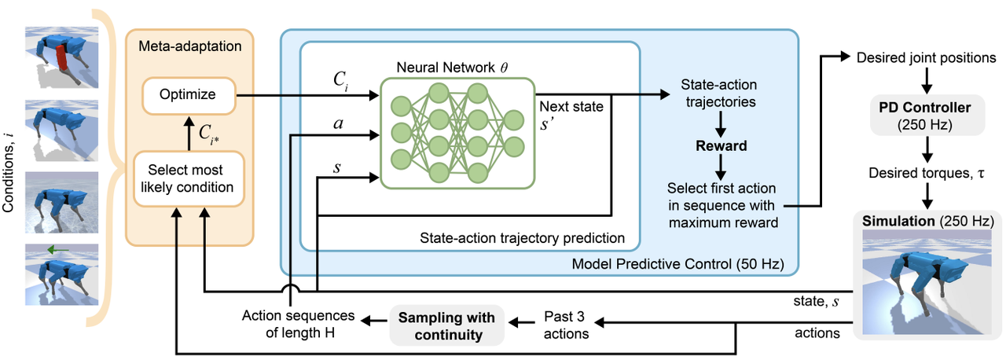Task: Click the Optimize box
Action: coord(189,95)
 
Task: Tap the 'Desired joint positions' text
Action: coord(926,58)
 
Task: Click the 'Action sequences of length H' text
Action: coord(298,325)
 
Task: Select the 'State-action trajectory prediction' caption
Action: coord(522,237)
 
